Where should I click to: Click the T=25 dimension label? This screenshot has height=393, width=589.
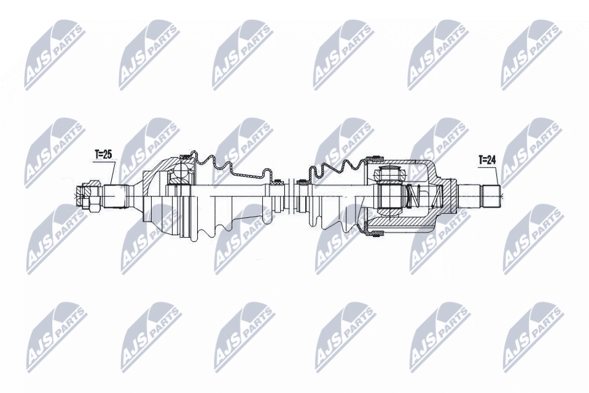(x=103, y=155)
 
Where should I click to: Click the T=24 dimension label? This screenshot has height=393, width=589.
(x=488, y=160)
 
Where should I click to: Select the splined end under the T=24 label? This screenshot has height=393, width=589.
(x=491, y=195)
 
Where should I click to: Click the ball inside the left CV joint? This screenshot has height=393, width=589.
(x=179, y=173)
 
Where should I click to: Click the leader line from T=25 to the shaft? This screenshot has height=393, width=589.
(x=112, y=173)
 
